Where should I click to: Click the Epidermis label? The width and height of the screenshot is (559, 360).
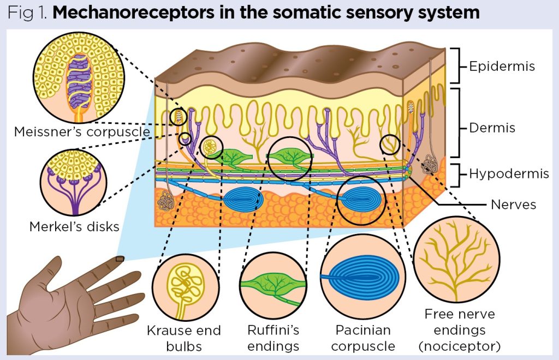[502, 67]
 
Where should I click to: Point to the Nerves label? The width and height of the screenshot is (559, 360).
[513, 205]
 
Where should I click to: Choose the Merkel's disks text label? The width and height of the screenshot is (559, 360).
[74, 226]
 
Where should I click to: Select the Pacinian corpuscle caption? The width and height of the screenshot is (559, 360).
[363, 338]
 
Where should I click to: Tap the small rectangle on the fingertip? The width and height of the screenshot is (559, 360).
[119, 259]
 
